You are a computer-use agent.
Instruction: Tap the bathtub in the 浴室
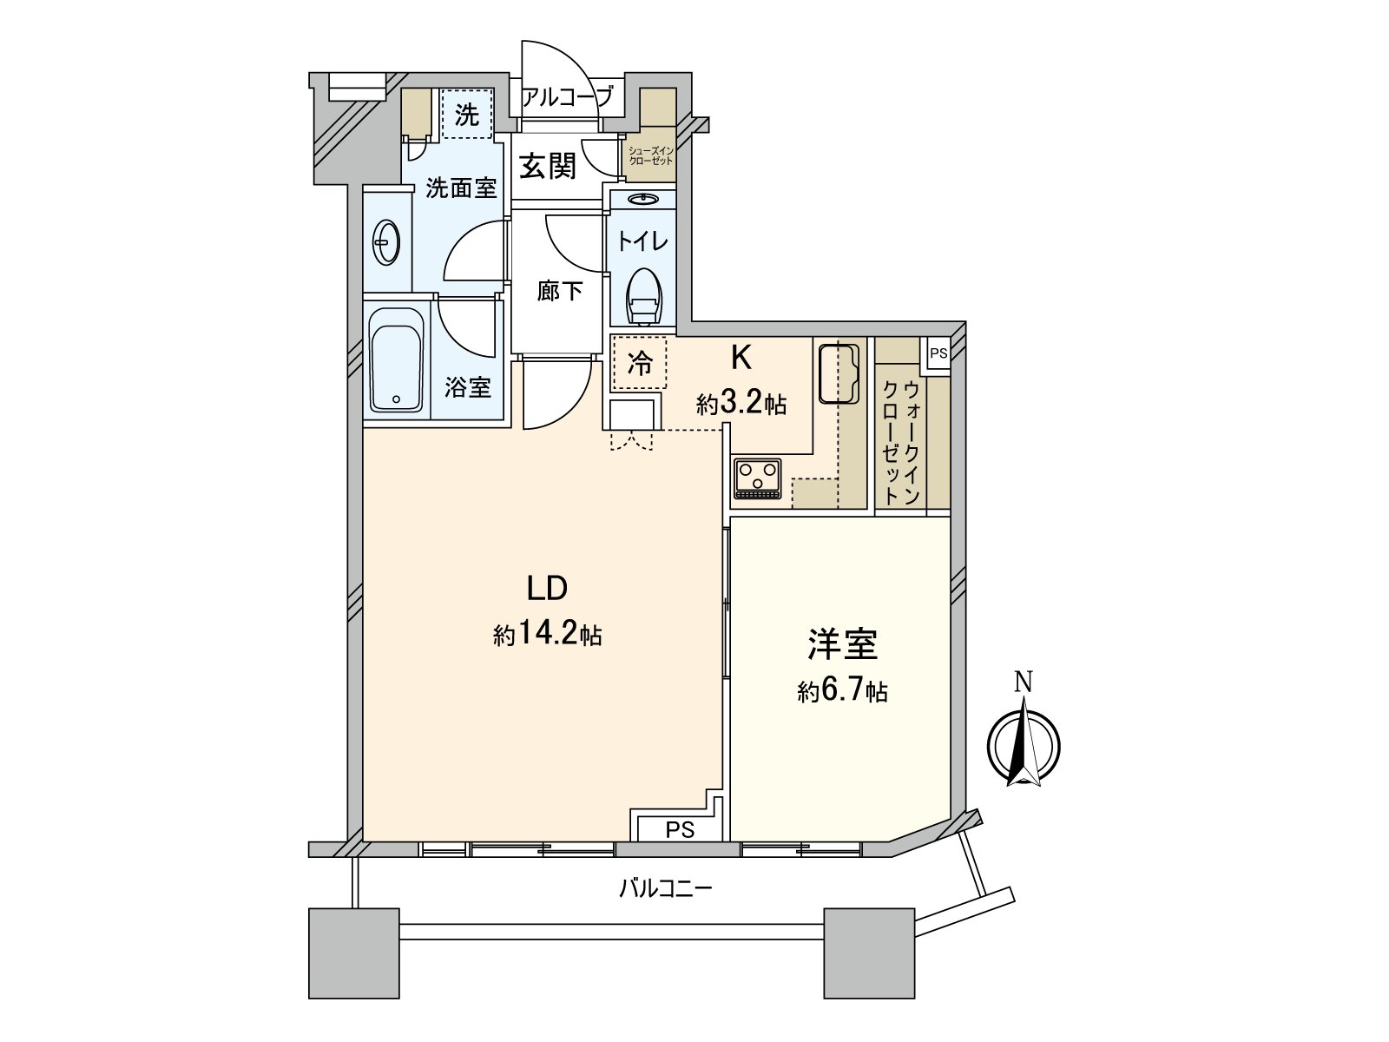tap(396, 360)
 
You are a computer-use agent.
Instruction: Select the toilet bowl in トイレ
tap(643, 293)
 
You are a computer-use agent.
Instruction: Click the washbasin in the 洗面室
tap(386, 242)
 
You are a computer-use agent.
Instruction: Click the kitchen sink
tap(839, 374)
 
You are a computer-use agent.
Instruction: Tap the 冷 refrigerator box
tap(640, 362)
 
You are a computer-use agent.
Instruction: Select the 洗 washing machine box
tap(467, 114)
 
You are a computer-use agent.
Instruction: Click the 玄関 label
tap(548, 166)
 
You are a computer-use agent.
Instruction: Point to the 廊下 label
tap(559, 291)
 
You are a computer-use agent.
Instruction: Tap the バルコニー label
tap(666, 888)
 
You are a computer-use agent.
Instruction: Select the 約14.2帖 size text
tap(548, 635)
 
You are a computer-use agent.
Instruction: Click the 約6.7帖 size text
tap(842, 691)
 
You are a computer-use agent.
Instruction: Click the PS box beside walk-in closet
tap(938, 353)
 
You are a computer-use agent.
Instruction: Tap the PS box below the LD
tap(680, 829)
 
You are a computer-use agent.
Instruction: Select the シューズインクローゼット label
tap(651, 155)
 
